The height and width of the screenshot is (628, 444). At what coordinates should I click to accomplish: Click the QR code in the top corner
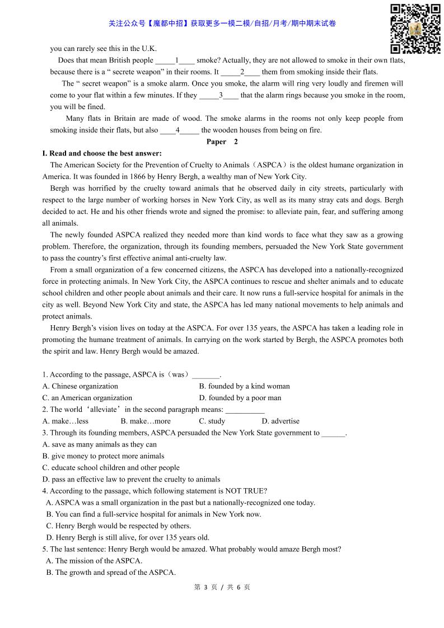click(x=415, y=28)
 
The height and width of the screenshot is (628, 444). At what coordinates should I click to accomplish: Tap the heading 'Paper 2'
click(x=222, y=142)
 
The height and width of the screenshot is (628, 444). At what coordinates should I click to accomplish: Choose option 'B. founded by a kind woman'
click(x=244, y=386)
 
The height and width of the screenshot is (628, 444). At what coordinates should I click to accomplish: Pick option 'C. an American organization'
click(x=87, y=398)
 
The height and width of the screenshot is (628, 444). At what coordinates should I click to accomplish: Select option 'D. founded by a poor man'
click(x=240, y=398)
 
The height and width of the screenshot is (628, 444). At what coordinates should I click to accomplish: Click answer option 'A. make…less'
click(x=65, y=421)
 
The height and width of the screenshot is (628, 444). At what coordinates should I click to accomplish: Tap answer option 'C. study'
click(x=212, y=421)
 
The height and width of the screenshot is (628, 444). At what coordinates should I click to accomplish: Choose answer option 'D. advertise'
click(x=281, y=421)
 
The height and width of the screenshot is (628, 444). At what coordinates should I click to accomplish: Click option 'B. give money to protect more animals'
click(x=103, y=456)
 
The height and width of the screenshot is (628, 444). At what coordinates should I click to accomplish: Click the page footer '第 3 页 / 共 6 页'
click(x=222, y=587)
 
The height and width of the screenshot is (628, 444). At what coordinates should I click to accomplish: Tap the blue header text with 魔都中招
click(x=222, y=24)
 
